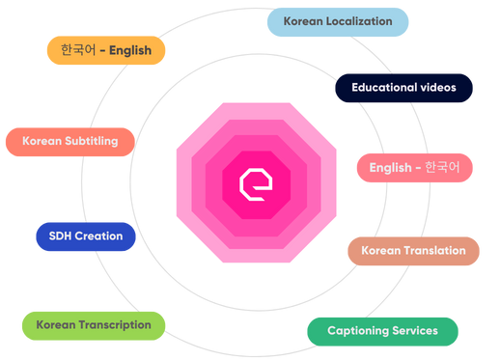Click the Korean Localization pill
coord(337,20)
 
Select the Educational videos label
coord(403,87)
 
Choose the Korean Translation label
coord(413,251)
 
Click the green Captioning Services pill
coord(382,331)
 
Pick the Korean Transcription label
coord(94,325)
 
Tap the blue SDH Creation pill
coord(85,235)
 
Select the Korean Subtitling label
coord(70,141)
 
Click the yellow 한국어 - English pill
coord(105,50)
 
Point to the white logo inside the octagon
coord(256,183)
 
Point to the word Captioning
coord(358,331)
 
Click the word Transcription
coord(114,325)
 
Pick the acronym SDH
coord(61,235)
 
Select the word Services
coord(416,331)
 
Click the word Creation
coord(99,235)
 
